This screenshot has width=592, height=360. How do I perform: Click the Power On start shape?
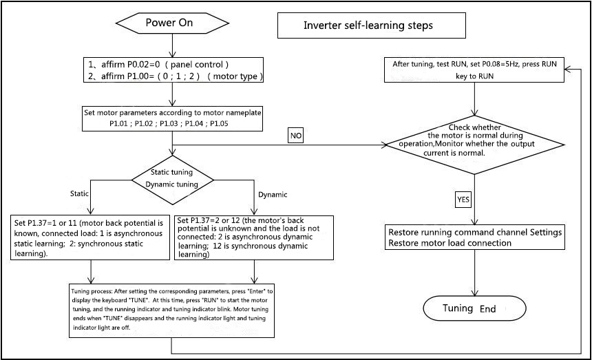pyautogui.click(x=169, y=23)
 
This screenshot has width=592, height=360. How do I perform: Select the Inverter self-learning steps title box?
pyautogui.click(x=368, y=27)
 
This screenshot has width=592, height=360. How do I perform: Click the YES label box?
pyautogui.click(x=464, y=200)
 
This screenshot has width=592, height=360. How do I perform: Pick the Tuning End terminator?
pyautogui.click(x=474, y=308)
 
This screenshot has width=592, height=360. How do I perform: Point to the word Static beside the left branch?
pyautogui.click(x=79, y=193)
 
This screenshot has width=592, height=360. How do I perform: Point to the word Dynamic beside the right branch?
pyautogui.click(x=273, y=195)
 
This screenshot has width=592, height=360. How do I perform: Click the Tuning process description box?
pyautogui.click(x=172, y=309)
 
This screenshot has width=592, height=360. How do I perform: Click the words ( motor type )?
pyautogui.click(x=240, y=76)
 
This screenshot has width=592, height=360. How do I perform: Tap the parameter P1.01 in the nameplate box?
pyautogui.click(x=122, y=124)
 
